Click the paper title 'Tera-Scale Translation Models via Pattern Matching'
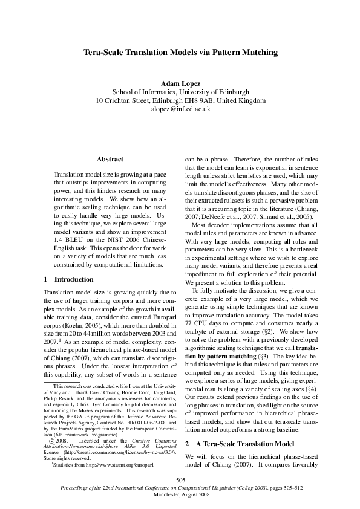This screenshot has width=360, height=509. click(180, 53)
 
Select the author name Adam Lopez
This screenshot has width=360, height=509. click(180, 82)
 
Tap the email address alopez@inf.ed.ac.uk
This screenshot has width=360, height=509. click(180, 109)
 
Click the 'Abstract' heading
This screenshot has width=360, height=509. click(110, 159)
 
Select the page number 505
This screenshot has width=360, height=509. click(180, 479)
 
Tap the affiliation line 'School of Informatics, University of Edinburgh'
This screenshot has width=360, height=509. click(180, 91)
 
